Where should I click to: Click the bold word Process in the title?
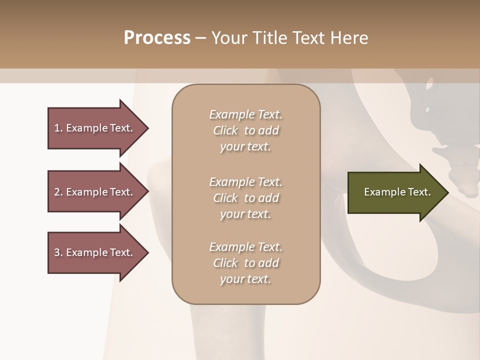coord(157,38)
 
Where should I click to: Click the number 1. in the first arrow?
coord(58,128)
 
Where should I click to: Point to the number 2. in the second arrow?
coord(58,192)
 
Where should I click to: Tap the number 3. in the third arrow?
coord(58,253)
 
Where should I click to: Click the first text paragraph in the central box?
coord(245,130)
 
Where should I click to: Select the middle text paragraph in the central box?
coord(245,198)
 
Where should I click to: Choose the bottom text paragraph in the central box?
coord(245,263)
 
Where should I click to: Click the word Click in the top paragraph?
coord(225,130)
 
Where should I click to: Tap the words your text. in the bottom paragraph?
coord(245,279)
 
